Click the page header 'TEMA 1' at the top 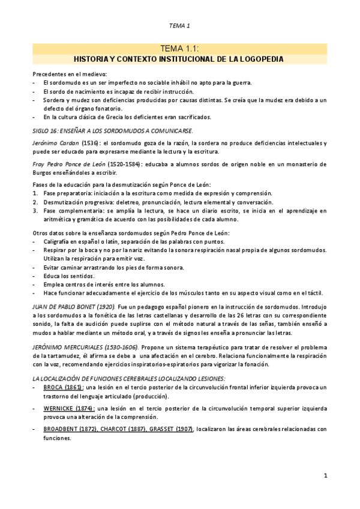point(179,25)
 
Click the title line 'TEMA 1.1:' point(179,49)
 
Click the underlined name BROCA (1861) point(61,388)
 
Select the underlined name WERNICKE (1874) point(68,408)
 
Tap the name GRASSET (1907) point(173,429)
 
